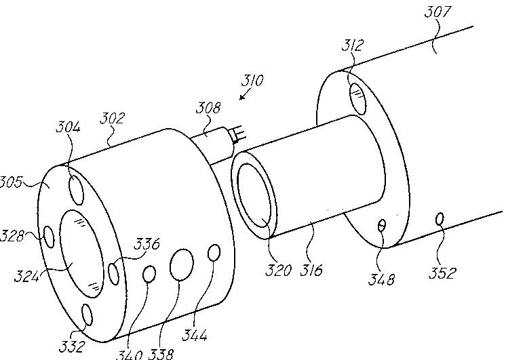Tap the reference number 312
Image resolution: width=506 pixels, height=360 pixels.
[x=353, y=46]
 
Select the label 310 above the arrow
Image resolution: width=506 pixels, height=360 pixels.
[x=253, y=81]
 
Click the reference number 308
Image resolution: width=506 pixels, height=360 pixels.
[x=208, y=108]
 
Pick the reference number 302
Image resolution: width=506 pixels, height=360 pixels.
[x=113, y=118]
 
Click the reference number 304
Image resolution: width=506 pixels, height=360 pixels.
[x=69, y=127]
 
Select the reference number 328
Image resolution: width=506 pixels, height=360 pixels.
[x=12, y=235]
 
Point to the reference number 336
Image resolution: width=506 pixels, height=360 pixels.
[x=146, y=244]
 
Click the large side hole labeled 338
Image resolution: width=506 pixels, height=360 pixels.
[x=182, y=264]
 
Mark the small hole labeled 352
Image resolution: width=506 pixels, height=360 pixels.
[x=440, y=219]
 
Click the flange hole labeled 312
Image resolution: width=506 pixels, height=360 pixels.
[x=358, y=98]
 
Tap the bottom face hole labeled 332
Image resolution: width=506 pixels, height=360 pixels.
[x=86, y=315]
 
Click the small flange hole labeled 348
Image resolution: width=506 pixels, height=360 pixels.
[x=383, y=225]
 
